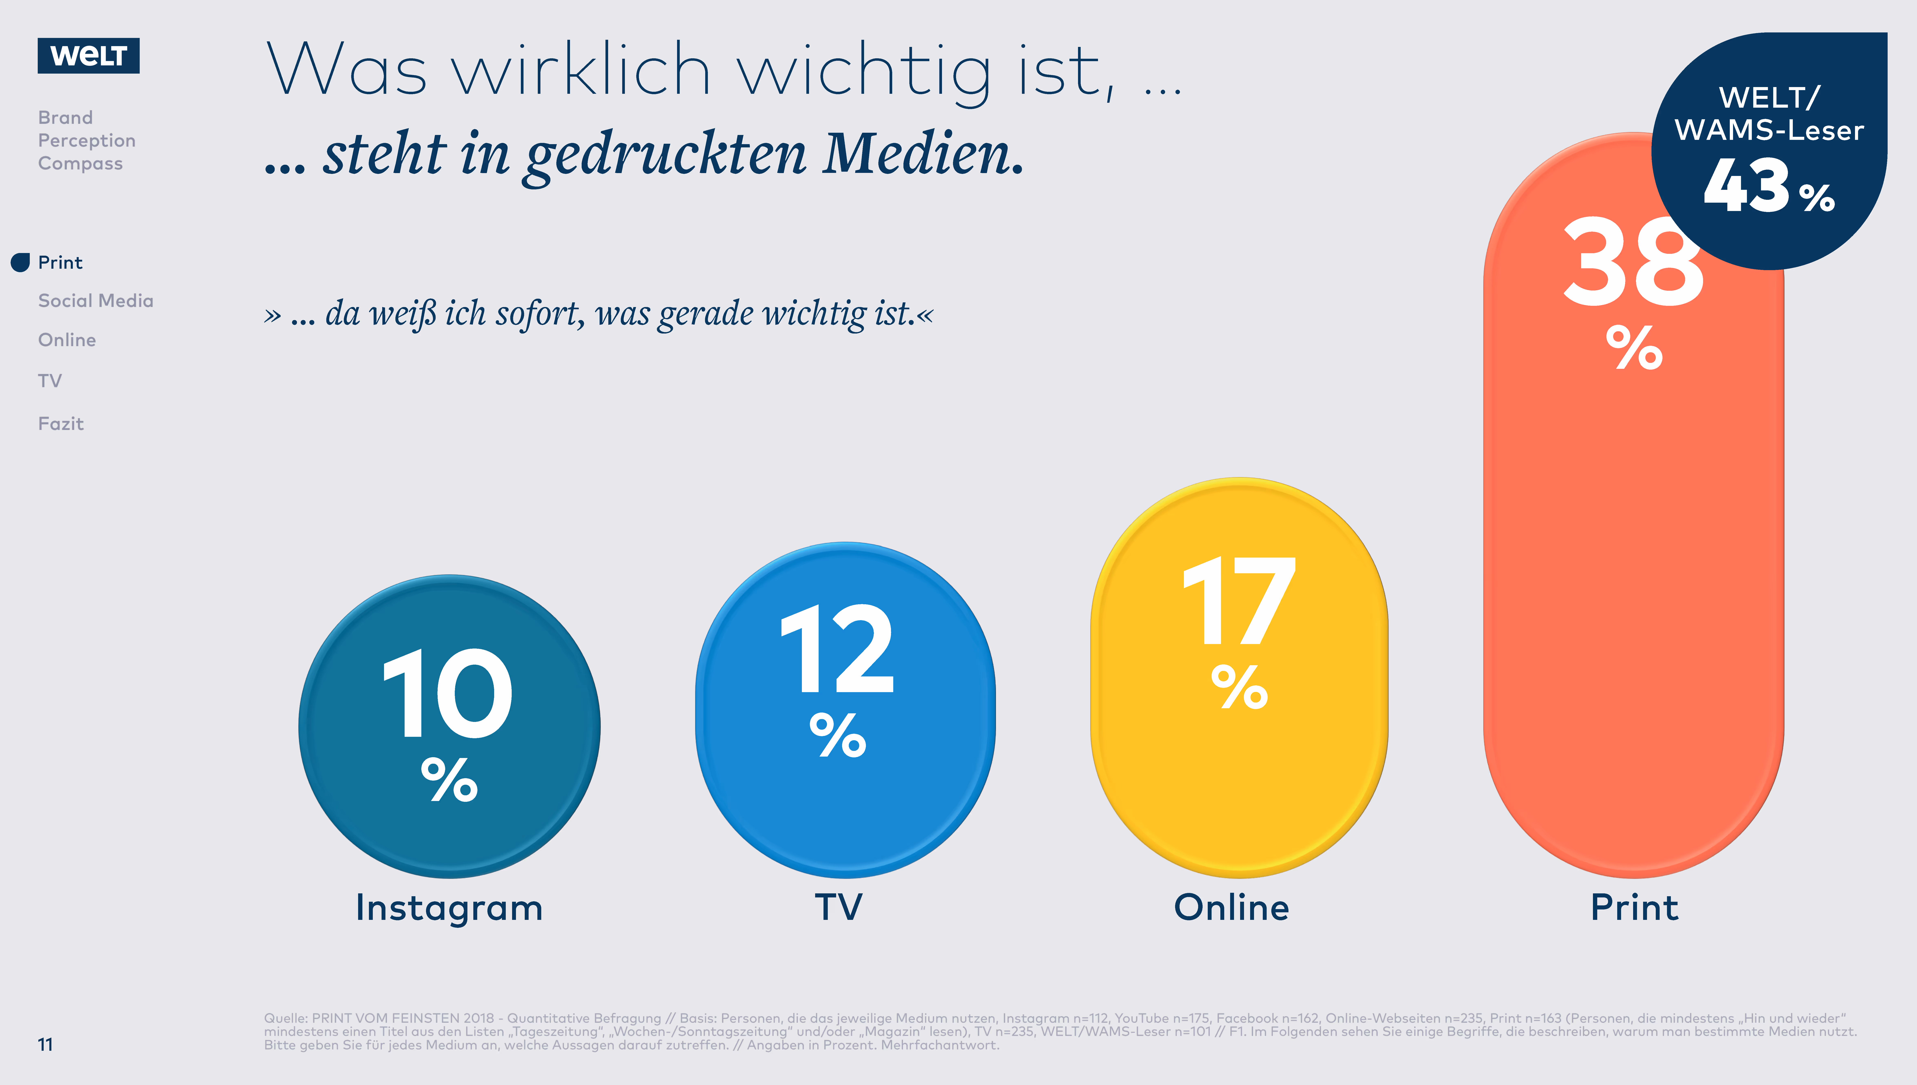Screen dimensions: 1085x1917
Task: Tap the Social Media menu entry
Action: [95, 300]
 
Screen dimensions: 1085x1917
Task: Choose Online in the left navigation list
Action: [67, 340]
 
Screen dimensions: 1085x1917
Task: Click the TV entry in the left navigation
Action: [50, 381]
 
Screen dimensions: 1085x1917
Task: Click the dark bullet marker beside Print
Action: [20, 262]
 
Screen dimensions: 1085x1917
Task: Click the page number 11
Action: [45, 1045]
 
